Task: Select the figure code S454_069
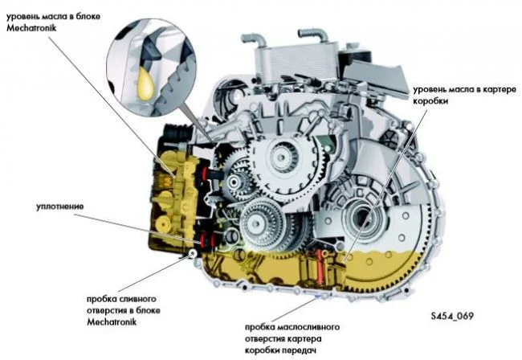coord(451,315)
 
